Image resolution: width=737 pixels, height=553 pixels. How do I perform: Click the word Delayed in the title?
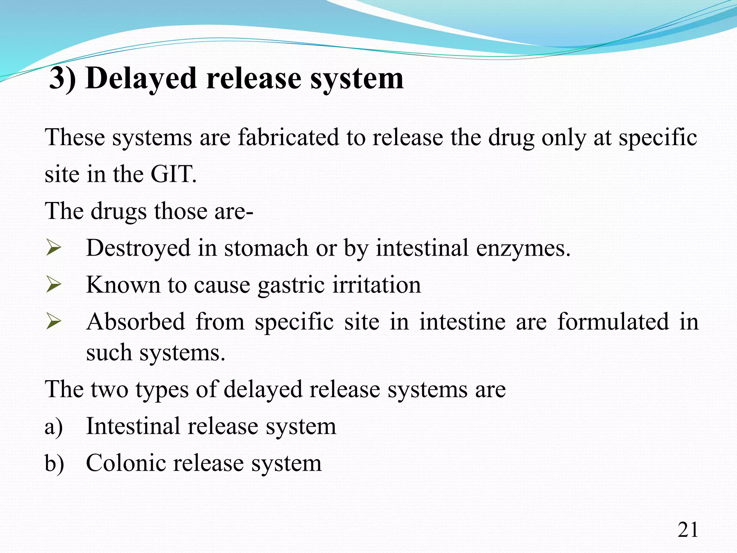[141, 78]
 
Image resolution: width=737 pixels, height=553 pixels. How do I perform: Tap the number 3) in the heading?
[62, 78]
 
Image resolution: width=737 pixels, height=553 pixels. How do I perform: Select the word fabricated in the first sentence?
[289, 138]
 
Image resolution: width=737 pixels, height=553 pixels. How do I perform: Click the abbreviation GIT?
[173, 174]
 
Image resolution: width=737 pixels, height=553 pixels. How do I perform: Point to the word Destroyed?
[138, 248]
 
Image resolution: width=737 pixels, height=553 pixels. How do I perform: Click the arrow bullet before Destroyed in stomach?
[54, 248]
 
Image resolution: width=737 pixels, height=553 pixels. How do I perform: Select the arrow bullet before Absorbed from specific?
[54, 322]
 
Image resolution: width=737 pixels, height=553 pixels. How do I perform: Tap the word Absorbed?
[136, 322]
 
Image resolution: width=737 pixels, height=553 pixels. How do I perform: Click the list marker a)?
[54, 427]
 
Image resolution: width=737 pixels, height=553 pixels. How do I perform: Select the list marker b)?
[54, 463]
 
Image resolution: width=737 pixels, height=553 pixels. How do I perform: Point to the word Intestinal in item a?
[133, 426]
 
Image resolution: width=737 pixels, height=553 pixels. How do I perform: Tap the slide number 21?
[688, 530]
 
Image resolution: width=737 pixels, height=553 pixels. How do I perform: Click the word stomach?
[266, 248]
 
